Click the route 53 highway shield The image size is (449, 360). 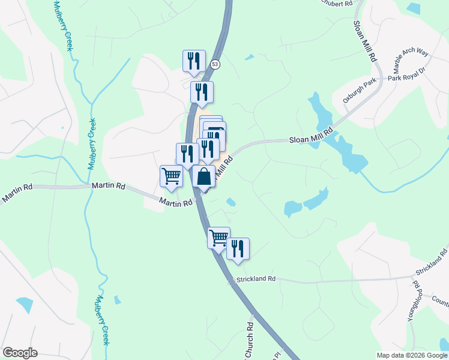[x=215, y=64]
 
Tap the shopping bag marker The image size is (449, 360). [x=203, y=176]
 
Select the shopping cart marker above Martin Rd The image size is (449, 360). [x=171, y=176]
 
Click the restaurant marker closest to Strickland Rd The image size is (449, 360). [x=238, y=248]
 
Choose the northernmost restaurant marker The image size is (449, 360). [x=194, y=61]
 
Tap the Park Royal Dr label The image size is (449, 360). [x=406, y=74]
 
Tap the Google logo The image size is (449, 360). [x=20, y=353]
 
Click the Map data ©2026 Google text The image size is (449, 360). [x=411, y=355]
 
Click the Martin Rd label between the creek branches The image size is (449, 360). [x=109, y=187]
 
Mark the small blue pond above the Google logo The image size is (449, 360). [x=24, y=305]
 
